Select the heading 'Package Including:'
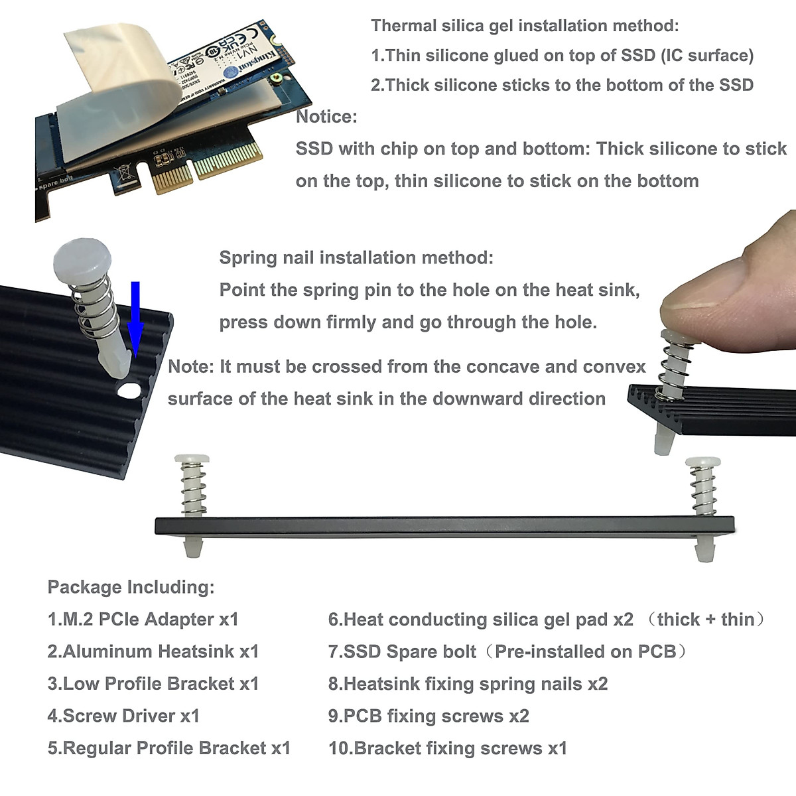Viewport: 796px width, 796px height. pos(131,587)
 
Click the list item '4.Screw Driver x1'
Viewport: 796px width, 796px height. pos(123,716)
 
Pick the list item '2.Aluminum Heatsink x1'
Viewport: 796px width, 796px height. pos(153,651)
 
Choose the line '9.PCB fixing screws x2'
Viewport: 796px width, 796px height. pos(429,716)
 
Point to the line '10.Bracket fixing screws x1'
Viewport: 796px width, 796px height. pos(448,748)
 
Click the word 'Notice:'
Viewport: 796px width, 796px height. pos(326,117)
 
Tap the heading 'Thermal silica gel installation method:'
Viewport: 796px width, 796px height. pos(525,26)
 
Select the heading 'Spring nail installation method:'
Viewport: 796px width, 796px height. pos(356,257)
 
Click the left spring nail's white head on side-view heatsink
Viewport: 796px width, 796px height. pos(192,459)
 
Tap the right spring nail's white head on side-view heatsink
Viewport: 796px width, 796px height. pos(703,462)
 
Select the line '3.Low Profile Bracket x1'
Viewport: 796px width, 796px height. pos(153,684)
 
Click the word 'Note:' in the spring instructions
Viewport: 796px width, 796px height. pos(191,366)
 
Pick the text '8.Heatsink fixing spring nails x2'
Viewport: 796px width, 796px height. pos(468,684)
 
